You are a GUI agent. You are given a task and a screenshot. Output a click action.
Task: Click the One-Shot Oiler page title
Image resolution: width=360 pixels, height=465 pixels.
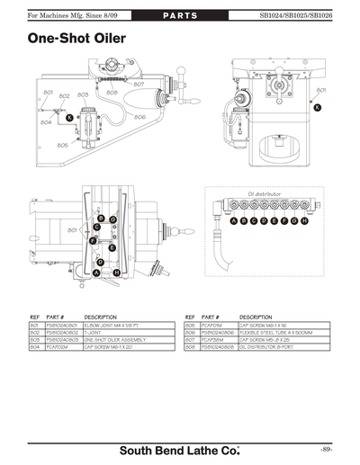76,40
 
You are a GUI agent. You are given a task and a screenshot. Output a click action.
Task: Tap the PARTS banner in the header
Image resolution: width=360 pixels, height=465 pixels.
179,15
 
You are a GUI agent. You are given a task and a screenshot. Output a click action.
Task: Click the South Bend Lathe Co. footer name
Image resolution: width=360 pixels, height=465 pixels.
180,448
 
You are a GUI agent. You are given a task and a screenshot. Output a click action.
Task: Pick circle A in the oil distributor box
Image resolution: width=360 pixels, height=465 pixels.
234,220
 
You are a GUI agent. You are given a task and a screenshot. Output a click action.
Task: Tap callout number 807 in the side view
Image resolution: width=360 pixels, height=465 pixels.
139,84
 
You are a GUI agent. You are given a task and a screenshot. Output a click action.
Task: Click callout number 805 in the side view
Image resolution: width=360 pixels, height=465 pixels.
63,145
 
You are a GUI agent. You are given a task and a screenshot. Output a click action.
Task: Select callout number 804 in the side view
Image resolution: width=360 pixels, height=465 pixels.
46,123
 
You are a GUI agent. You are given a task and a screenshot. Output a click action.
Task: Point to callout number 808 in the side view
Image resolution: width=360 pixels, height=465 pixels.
112,93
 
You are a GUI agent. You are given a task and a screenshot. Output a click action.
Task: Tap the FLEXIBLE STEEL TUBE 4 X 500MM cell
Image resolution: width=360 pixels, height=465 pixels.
275,333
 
